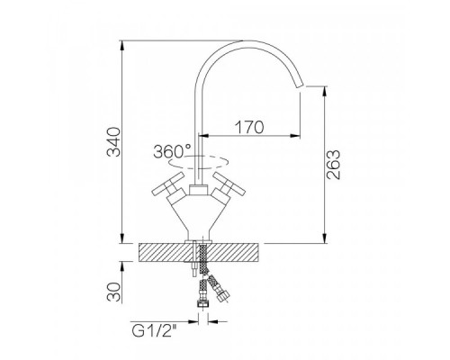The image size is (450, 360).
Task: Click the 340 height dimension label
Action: click(x=114, y=142)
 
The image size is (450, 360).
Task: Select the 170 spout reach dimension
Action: click(x=249, y=127)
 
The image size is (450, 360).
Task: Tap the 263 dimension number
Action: click(x=333, y=165)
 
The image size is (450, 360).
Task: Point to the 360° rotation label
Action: click(x=172, y=151)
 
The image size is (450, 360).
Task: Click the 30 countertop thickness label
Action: click(x=114, y=292)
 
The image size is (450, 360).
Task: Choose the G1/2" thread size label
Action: click(x=154, y=331)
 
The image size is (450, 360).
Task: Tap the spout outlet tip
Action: click(x=301, y=85)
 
